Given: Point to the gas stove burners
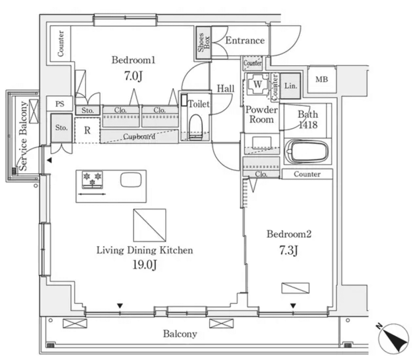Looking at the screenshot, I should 92,179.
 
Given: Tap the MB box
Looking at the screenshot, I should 322,80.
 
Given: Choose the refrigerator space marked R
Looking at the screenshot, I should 87,131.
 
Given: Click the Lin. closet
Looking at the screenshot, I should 290,86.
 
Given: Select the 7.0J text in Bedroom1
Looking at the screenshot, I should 133,77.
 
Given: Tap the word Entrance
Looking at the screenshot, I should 245,41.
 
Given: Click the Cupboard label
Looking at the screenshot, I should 139,136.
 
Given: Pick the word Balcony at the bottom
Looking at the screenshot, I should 180,334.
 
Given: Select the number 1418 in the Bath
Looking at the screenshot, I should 308,125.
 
